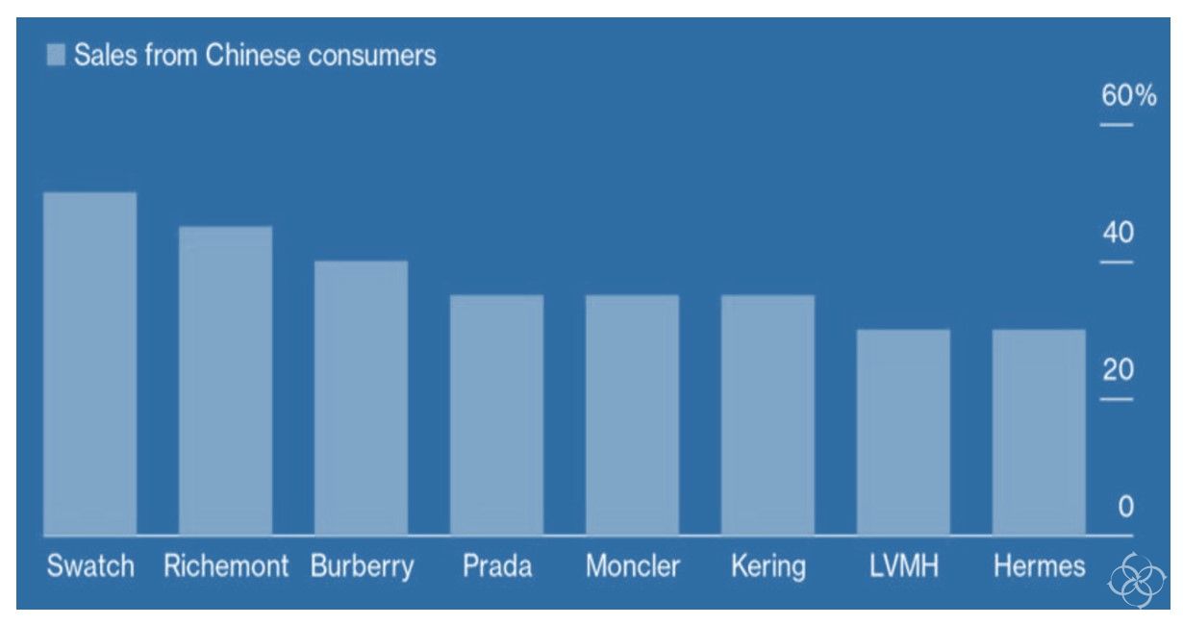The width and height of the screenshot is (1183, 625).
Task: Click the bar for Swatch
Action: (x=89, y=363)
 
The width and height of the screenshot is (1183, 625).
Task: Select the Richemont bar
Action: (x=225, y=381)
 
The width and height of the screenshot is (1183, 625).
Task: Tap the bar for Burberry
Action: (x=362, y=398)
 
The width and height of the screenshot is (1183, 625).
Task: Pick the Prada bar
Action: (x=497, y=415)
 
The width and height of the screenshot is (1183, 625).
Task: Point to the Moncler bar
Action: (x=632, y=415)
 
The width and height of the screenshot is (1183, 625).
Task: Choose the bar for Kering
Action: (x=768, y=415)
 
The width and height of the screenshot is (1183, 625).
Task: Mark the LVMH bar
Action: (x=904, y=433)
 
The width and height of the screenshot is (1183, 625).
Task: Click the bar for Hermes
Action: (x=1040, y=433)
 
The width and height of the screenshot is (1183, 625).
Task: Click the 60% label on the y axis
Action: (x=1128, y=95)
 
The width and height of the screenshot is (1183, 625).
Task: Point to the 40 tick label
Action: (x=1118, y=233)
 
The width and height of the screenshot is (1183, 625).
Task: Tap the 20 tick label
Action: (x=1118, y=369)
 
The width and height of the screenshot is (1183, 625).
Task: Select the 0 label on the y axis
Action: (x=1126, y=506)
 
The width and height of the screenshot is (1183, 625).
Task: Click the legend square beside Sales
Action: (x=56, y=55)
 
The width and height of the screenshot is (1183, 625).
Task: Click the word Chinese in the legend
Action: (x=253, y=55)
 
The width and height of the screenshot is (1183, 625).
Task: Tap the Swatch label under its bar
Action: (x=90, y=566)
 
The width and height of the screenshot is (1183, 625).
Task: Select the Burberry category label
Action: (x=363, y=567)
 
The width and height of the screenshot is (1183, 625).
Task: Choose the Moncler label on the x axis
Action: (x=633, y=566)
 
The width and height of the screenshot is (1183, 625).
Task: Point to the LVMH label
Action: (x=904, y=566)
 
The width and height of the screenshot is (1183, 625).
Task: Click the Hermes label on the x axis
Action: (x=1040, y=566)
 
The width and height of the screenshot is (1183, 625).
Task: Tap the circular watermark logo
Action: (x=1136, y=581)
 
